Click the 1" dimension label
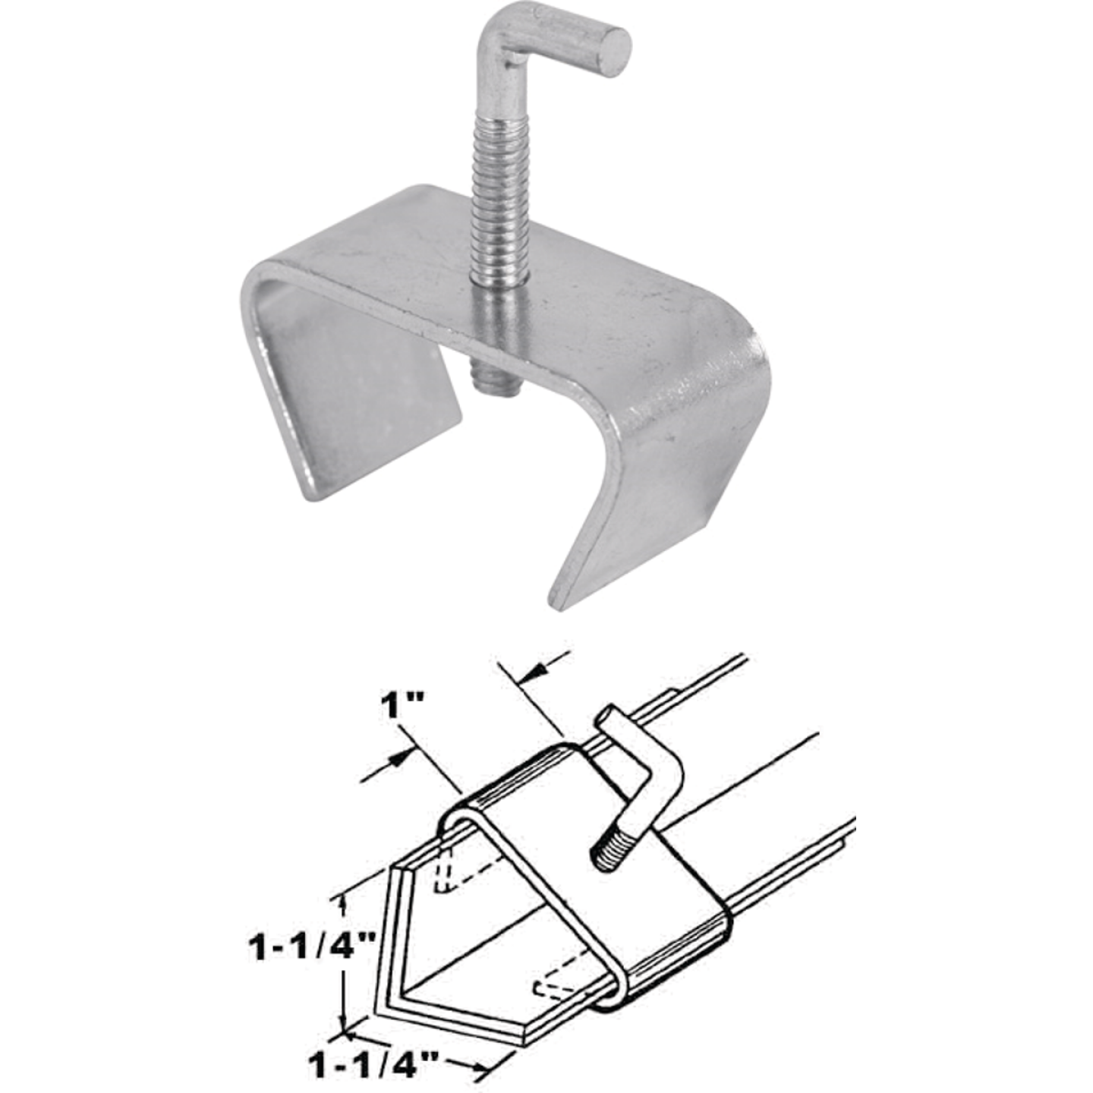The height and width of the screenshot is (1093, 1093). click(401, 707)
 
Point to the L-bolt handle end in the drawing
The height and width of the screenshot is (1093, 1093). click(612, 715)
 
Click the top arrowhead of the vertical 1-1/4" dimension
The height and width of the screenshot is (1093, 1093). click(343, 902)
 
